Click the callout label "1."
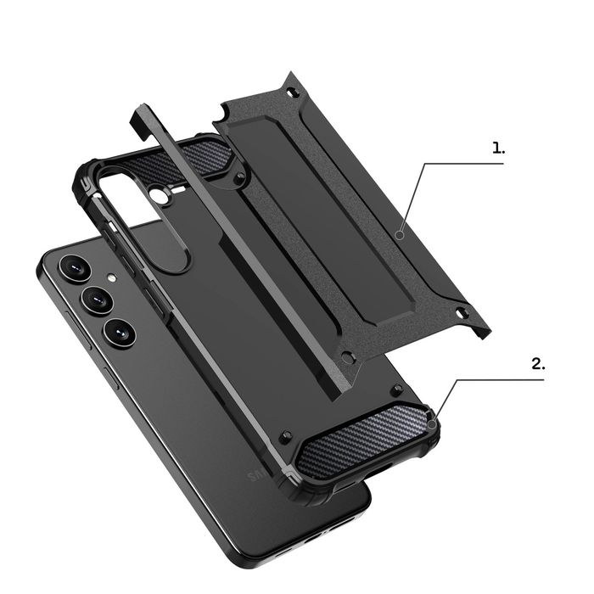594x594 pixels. coord(498,147)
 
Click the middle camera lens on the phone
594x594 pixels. coord(96,300)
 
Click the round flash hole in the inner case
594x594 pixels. coord(162,197)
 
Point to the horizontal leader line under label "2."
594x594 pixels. coord(509,379)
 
